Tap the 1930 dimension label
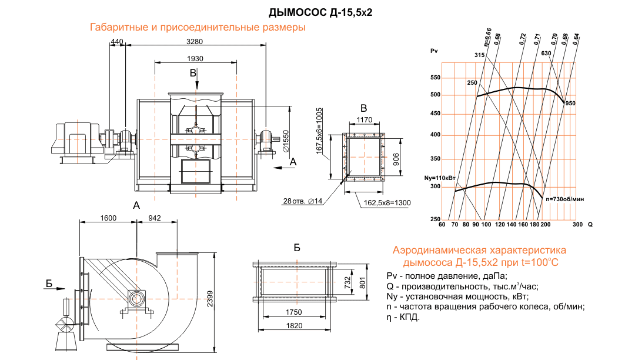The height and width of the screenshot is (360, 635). coord(195,59)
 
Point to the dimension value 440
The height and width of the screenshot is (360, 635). coord(117,42)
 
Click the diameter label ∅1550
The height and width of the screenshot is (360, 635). coord(286,142)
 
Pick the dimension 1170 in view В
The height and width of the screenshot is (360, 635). coord(364,120)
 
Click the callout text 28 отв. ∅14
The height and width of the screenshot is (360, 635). coord(303,202)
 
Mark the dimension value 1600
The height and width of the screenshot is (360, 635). coord(108,218)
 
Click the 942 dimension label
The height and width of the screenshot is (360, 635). coord(153,218)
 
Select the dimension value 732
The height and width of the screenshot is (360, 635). coord(348,284)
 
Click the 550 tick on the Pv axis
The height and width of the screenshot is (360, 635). coord(435,78)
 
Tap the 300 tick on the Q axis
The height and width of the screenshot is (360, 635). coord(577,225)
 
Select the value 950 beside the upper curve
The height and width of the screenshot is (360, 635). coord(570,103)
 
